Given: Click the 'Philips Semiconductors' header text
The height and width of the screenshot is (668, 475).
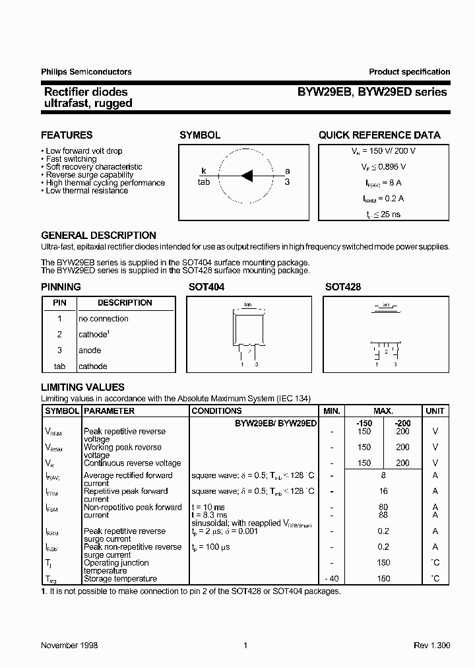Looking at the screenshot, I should tap(86, 72).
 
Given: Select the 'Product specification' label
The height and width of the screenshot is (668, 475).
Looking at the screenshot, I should tap(409, 72).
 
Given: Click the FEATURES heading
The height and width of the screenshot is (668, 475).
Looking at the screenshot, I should tap(67, 135).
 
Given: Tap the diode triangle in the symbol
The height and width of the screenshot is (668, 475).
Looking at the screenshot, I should tap(247, 175).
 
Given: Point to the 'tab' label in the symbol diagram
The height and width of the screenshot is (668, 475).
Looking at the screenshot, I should tap(203, 182).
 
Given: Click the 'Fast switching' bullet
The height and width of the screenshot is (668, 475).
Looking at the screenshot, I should tap(71, 159).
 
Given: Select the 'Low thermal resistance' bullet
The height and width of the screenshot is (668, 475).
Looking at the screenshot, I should tap(87, 191).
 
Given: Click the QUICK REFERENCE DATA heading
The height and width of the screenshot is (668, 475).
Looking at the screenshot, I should tap(379, 135).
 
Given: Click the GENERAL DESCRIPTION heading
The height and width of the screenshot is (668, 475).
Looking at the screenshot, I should tap(98, 236).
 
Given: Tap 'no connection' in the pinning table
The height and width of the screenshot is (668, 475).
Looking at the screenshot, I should tap(104, 319).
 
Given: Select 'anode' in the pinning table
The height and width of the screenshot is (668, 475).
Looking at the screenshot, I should tap(90, 351).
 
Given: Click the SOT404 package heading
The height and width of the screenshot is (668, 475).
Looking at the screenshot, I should tap(206, 287).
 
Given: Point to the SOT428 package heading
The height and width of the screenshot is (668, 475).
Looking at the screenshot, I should tap(342, 287).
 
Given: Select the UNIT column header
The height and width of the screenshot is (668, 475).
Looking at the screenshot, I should tap(435, 411).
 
